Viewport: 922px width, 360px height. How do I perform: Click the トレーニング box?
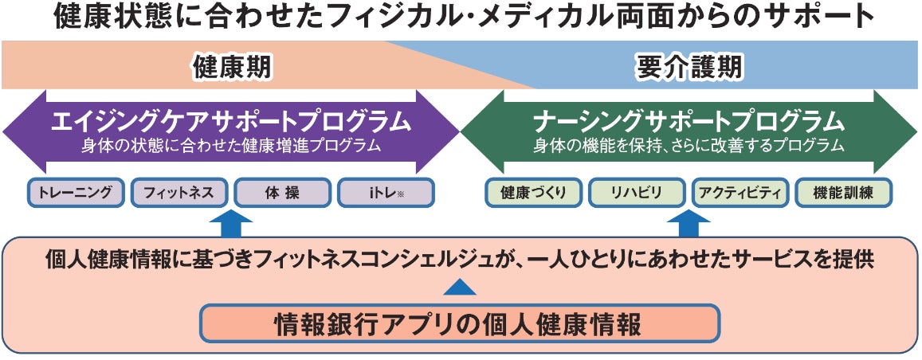pyautogui.click(x=76, y=193)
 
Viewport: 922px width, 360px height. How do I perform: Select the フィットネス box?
pyautogui.click(x=179, y=193)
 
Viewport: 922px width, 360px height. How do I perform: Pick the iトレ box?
pyautogui.click(x=385, y=193)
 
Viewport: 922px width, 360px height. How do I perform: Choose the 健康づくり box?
pyautogui.click(x=533, y=193)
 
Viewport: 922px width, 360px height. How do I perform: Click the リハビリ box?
pyautogui.click(x=636, y=193)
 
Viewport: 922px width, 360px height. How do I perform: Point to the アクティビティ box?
pyautogui.click(x=740, y=193)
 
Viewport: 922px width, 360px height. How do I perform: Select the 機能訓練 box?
pyautogui.click(x=843, y=193)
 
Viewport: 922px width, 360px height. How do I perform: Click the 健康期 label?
pyautogui.click(x=231, y=68)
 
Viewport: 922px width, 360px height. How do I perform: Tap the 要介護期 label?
pyautogui.click(x=689, y=68)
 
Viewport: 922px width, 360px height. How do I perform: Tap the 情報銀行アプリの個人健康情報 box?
pyautogui.click(x=459, y=324)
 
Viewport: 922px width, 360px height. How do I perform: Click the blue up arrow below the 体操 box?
pyautogui.click(x=230, y=223)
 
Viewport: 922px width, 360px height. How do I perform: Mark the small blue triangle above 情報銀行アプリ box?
pyautogui.click(x=459, y=287)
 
